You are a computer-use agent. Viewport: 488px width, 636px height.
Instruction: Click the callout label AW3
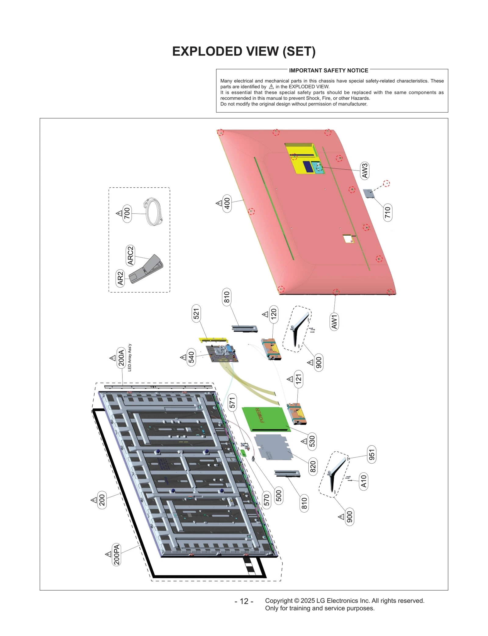(365, 171)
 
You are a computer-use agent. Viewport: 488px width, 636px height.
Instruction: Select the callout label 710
(387, 212)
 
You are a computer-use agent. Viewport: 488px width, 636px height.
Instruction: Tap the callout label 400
(227, 203)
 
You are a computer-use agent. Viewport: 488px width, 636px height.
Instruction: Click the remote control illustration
(146, 269)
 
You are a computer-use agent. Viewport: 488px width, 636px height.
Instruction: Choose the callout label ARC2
(130, 255)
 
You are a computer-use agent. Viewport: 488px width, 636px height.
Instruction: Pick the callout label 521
(196, 313)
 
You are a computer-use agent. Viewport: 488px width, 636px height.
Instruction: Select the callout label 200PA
(116, 555)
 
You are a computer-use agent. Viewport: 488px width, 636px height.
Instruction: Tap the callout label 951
(371, 454)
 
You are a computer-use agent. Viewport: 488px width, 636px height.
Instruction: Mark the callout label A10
(364, 481)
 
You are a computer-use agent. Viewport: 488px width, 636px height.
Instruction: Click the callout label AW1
(334, 322)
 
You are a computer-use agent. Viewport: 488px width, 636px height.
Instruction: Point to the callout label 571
(232, 403)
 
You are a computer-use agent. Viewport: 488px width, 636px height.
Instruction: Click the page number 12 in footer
(244, 601)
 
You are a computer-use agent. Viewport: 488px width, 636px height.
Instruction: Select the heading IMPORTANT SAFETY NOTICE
(328, 70)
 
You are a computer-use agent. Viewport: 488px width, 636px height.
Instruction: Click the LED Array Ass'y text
(130, 358)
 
